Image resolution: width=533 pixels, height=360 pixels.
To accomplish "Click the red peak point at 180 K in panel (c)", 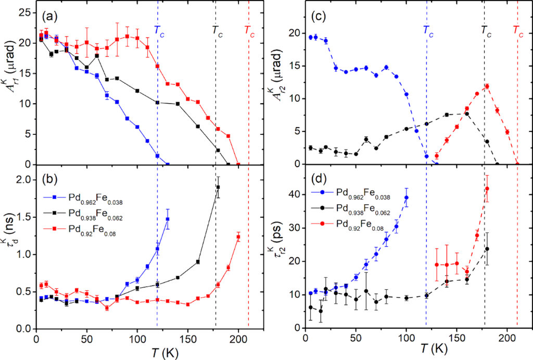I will (487, 86).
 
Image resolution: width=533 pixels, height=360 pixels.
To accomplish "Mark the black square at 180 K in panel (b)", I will (218, 188).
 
